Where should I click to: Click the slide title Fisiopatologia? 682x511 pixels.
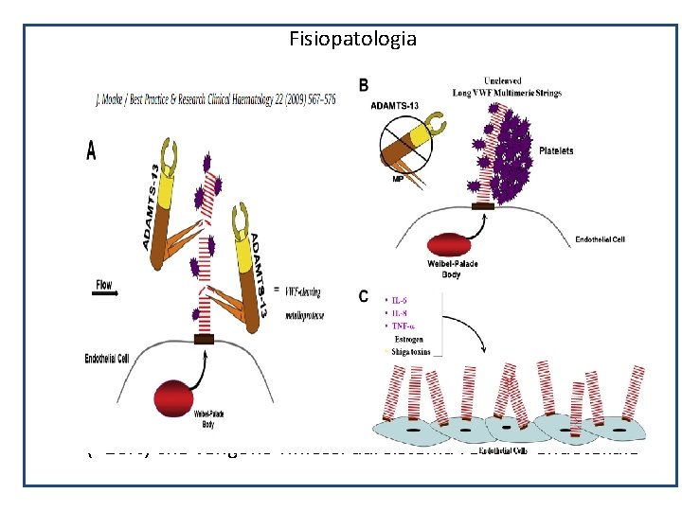click(x=353, y=39)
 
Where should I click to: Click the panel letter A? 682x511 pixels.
click(x=92, y=151)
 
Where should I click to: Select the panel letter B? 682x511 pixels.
click(x=364, y=85)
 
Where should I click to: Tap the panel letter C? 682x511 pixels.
click(x=364, y=297)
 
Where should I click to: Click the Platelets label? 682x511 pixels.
click(x=555, y=150)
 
